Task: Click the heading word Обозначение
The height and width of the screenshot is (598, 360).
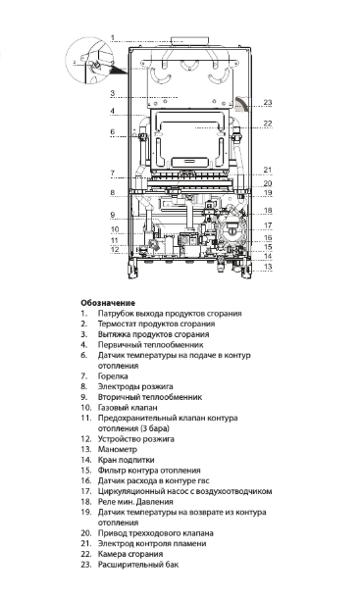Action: [x=107, y=330]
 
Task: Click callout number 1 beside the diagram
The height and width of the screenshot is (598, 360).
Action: [x=113, y=38]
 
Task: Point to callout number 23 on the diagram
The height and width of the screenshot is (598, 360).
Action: [x=267, y=103]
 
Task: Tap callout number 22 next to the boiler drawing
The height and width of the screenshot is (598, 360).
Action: [x=267, y=124]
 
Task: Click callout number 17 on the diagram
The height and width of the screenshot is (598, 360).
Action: [x=267, y=225]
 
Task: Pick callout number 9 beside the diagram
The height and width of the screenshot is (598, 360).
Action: [x=113, y=214]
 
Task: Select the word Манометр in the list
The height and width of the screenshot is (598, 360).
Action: [x=118, y=450]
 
